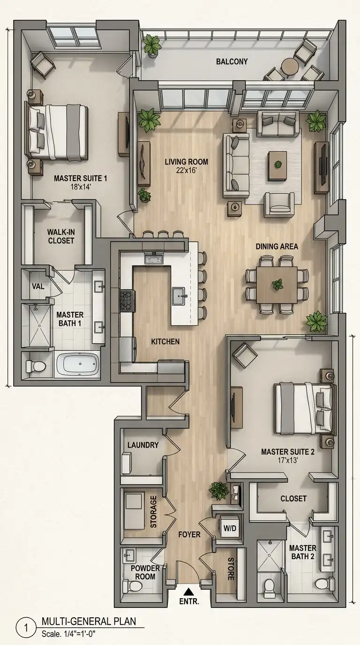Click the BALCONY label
[x=232, y=61]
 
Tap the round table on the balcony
[x=289, y=67]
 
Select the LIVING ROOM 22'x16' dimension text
[x=187, y=171]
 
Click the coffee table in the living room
[x=277, y=166]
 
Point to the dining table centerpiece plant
[x=277, y=285]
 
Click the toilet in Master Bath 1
[x=36, y=366]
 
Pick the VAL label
[x=38, y=286]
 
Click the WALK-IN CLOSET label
[x=61, y=236]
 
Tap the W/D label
[x=230, y=528]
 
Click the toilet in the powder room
[x=132, y=585]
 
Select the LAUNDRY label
[x=143, y=445]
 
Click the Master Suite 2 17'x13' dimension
[x=288, y=460]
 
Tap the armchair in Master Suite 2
[x=245, y=355]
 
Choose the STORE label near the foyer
[x=231, y=569]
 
